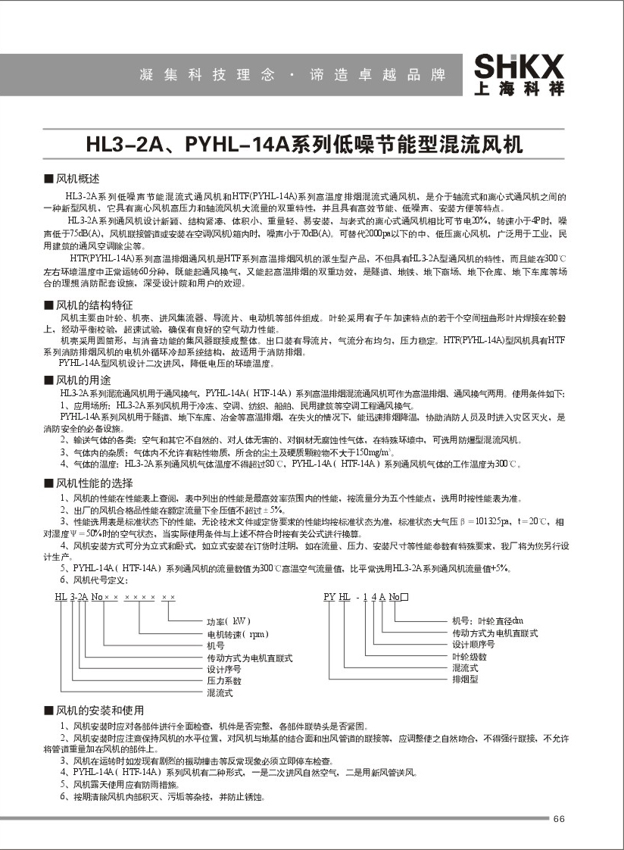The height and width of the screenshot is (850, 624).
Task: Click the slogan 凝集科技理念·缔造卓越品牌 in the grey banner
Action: click(292, 76)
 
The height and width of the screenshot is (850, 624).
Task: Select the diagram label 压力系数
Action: click(224, 681)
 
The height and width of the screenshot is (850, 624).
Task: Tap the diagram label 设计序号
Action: click(224, 670)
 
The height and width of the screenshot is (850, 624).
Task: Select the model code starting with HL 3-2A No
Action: click(114, 598)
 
